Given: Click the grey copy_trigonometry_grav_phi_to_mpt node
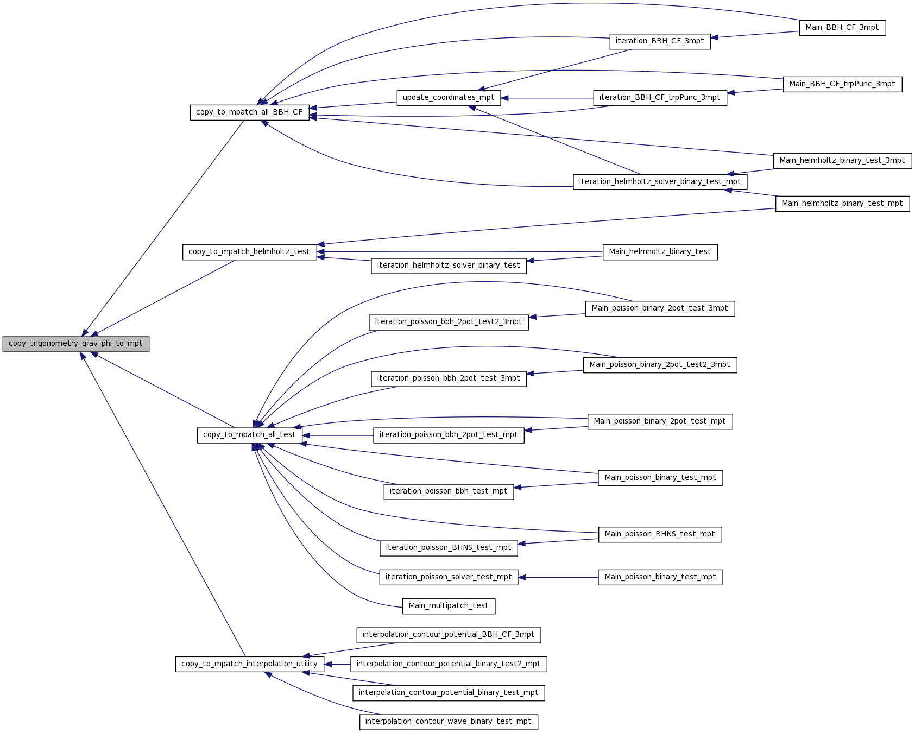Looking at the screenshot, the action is pos(76,344).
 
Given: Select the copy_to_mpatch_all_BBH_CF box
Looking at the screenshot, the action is pos(250,112).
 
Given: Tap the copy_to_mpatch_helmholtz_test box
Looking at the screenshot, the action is pos(250,252).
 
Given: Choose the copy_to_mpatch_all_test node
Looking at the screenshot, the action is pos(250,435).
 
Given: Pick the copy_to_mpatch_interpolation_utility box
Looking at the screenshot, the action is pos(250,664).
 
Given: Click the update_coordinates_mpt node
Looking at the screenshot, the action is pos(449,98).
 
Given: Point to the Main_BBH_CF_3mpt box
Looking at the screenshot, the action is pos(843,28).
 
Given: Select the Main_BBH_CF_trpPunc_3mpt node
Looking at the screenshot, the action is pos(843,84).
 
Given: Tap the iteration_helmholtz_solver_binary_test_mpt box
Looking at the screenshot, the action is pos(660,182).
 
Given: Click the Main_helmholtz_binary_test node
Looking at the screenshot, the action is pos(660,252).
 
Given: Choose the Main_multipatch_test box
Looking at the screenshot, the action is pos(449,606).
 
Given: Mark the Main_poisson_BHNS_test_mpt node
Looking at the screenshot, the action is pos(660,534).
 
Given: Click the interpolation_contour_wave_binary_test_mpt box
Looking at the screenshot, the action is pos(449,722).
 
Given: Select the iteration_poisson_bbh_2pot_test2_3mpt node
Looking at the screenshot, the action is pos(449,322).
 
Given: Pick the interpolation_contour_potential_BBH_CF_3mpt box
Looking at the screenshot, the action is pos(449,635).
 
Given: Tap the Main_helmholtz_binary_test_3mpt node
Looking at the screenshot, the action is pos(843,161).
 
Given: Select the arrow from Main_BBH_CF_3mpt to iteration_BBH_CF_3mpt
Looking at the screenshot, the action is pos(755,35).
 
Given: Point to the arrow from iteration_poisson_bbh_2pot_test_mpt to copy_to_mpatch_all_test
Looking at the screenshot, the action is pos(338,435).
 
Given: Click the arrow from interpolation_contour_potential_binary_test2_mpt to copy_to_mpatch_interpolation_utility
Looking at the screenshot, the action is pos(337,664).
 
